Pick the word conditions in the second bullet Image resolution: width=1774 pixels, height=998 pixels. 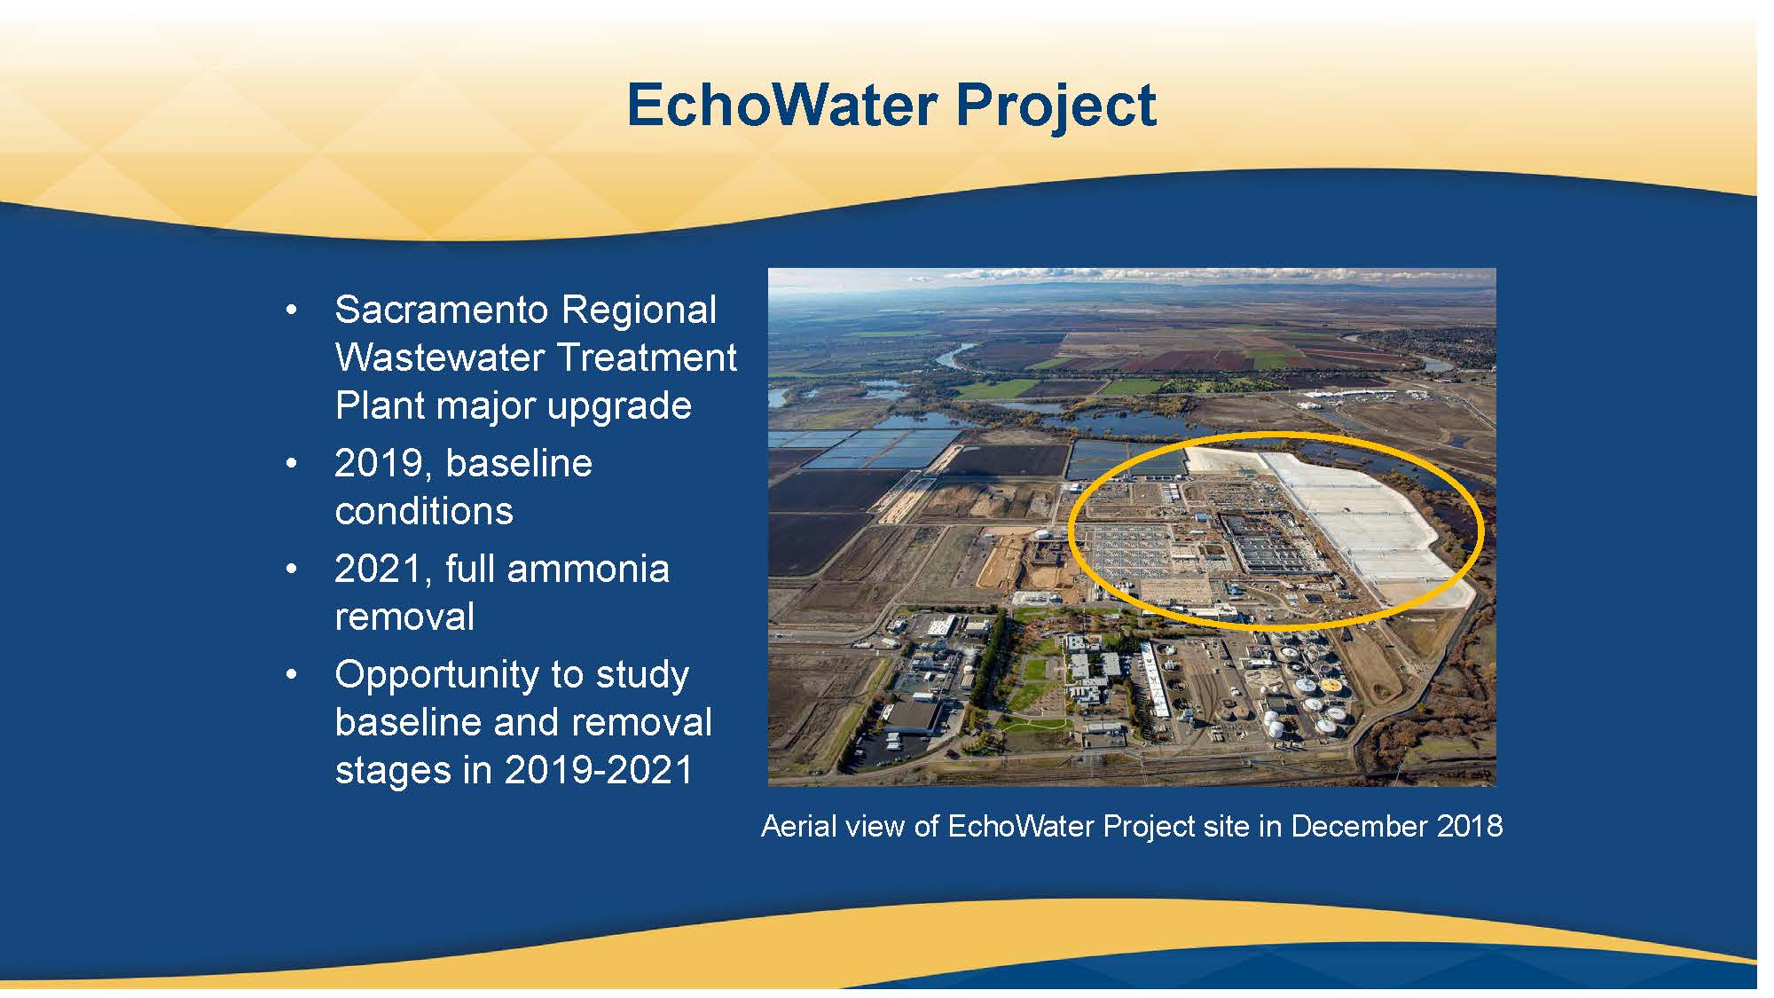tap(424, 511)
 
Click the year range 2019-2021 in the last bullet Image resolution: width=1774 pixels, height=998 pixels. tap(599, 770)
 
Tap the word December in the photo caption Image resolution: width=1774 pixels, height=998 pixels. tap(1359, 827)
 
